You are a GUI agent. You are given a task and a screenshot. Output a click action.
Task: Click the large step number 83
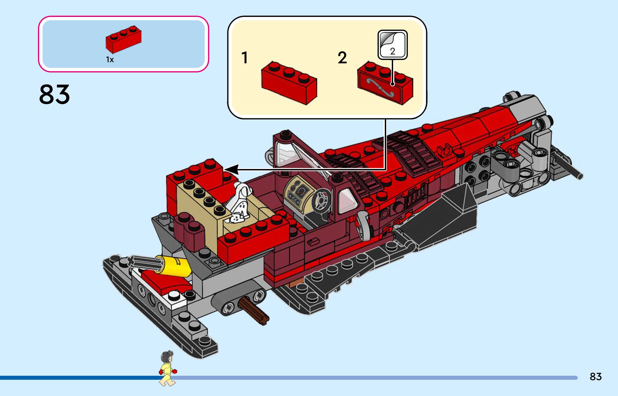54,94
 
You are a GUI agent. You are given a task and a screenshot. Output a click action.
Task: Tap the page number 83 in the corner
595,377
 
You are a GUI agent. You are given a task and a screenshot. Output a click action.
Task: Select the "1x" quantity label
110,60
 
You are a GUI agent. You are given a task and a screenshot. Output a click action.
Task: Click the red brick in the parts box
123,39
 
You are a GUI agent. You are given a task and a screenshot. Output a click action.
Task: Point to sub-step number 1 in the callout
244,58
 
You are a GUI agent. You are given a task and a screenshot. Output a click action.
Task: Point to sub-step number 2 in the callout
342,58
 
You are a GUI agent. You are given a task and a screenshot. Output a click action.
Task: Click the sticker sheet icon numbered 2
392,45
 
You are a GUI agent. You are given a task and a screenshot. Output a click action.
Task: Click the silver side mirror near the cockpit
364,225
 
